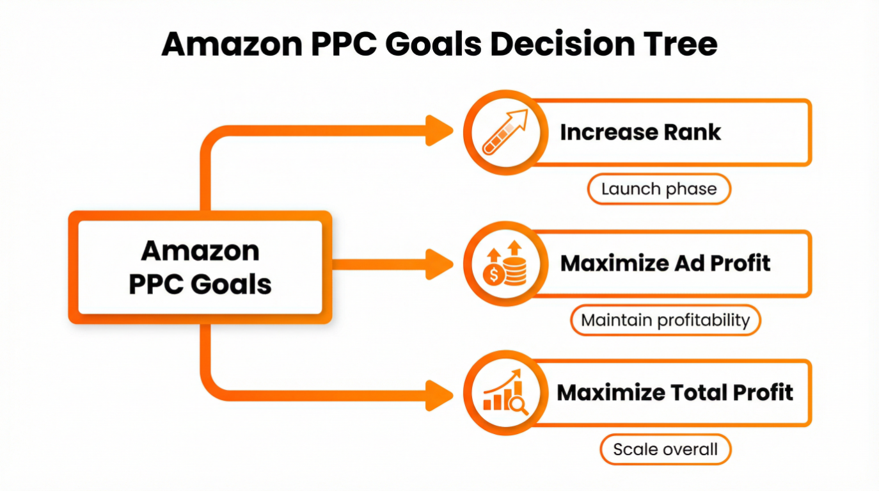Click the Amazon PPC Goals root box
200,267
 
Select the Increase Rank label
640,133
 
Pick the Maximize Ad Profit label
665,262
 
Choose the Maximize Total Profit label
675,392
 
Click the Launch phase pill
659,189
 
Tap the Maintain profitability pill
665,320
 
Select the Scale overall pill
665,449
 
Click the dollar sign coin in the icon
493,275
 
